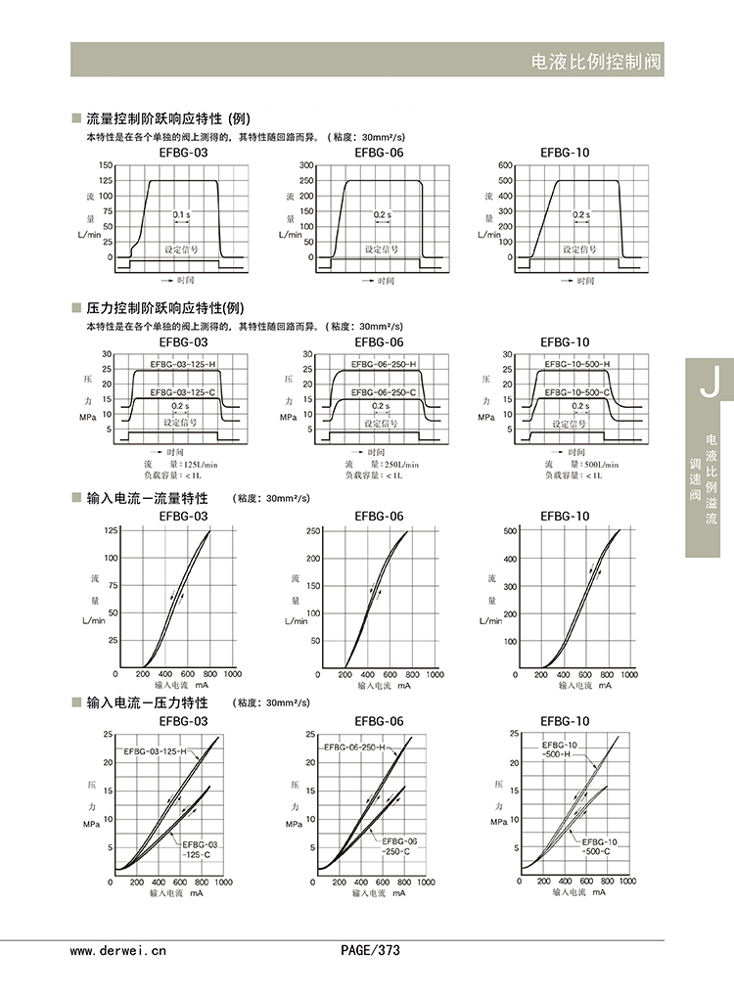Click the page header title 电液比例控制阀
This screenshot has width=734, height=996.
595,61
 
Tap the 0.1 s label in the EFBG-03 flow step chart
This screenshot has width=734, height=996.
181,213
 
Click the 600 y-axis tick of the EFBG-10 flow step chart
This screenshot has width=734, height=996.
505,165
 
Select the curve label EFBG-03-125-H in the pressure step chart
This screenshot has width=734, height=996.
183,364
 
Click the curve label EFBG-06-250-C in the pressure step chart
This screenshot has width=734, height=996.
384,392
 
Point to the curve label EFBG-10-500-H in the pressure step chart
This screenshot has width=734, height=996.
577,364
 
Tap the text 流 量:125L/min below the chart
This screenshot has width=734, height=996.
179,464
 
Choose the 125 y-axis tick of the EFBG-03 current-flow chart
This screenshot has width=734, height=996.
111,530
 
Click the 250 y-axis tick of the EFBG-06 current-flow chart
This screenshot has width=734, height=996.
313,530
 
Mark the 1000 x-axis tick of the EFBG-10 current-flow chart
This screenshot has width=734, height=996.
632,674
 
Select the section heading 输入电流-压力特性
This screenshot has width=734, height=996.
147,702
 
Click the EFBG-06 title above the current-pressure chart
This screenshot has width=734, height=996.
379,721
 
